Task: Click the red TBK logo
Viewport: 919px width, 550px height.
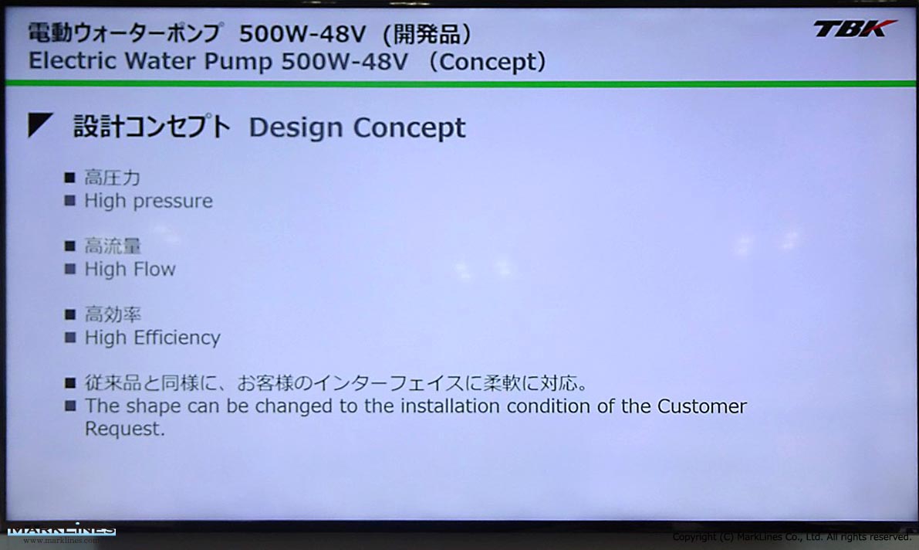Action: click(x=854, y=29)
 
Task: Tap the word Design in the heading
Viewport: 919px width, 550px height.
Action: click(x=296, y=128)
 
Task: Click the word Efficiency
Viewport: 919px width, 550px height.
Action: click(x=177, y=338)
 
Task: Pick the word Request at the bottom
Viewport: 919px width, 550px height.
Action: click(x=125, y=429)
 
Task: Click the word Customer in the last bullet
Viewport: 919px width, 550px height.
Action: click(x=701, y=406)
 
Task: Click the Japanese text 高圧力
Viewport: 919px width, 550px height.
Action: click(x=113, y=177)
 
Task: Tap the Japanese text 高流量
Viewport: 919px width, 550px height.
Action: click(x=113, y=246)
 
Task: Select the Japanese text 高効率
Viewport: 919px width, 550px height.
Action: click(x=113, y=314)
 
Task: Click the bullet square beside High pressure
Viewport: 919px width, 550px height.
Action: click(x=69, y=201)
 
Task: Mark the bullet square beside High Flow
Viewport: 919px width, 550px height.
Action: click(x=69, y=270)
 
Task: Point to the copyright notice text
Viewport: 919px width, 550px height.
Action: click(x=792, y=537)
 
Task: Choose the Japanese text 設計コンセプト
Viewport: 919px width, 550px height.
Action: click(x=152, y=127)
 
